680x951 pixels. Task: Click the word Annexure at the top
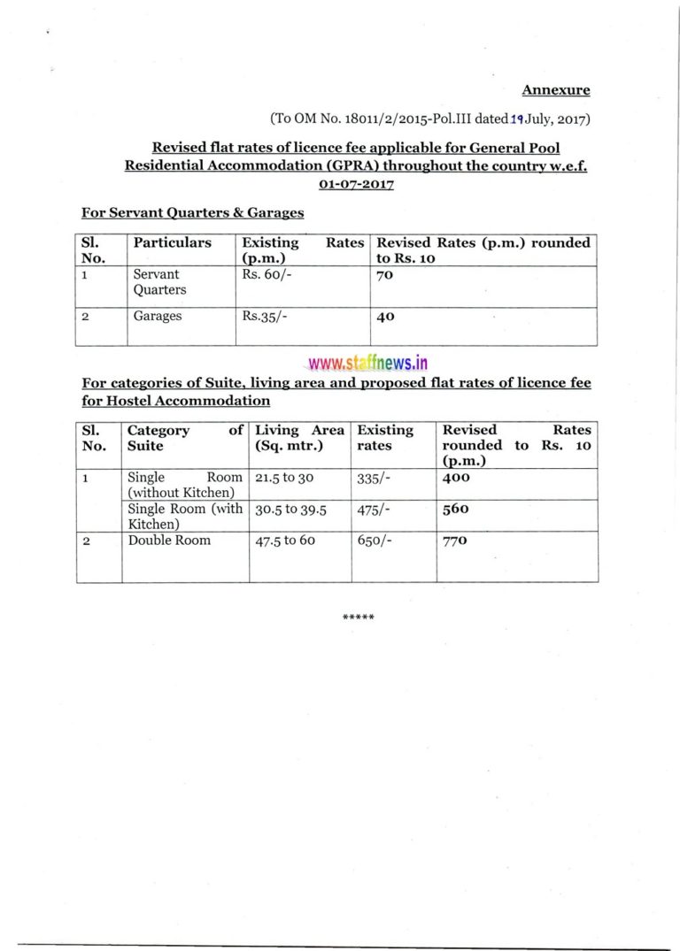555,89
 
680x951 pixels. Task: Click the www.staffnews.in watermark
367,363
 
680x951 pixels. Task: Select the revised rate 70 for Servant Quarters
385,275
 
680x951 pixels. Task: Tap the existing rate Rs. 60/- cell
262,275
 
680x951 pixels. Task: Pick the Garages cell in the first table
157,316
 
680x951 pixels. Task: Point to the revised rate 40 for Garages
385,317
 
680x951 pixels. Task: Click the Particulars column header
172,242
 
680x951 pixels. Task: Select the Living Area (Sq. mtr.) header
299,438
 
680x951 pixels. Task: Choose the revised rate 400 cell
456,477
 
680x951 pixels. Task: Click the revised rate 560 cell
455,510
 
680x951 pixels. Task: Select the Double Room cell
169,541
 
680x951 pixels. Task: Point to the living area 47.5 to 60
285,541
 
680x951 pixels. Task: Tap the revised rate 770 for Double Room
454,541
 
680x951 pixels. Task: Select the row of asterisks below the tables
358,617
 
